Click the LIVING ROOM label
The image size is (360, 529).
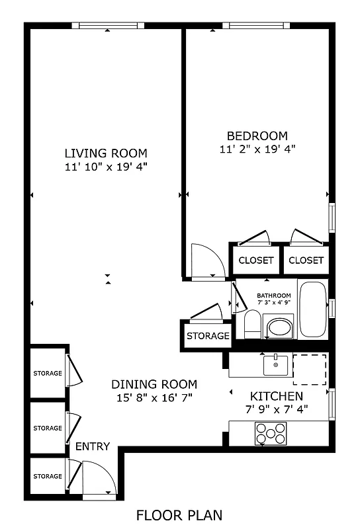pos(105,153)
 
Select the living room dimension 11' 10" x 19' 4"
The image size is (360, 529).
pos(105,167)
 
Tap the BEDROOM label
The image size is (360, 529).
pos(257,135)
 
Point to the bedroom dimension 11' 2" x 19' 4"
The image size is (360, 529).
pos(257,149)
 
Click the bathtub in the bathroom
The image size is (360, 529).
pos(312,310)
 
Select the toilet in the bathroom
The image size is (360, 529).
pos(252,325)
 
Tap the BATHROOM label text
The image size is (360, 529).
pos(273,296)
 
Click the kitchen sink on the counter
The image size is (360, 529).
pos(275,364)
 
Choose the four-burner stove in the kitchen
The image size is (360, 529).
pos(270,433)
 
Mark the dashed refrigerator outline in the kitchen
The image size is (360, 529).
pos(309,369)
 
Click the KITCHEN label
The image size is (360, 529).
pos(277,396)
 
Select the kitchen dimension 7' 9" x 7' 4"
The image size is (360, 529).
pos(277,409)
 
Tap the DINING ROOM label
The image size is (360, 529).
pos(154,384)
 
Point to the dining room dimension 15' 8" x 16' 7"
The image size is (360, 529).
pos(154,397)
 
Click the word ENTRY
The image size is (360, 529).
pos(92,447)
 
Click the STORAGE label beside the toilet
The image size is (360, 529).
pos(207,336)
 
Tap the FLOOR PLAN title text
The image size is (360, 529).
pos(179,514)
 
